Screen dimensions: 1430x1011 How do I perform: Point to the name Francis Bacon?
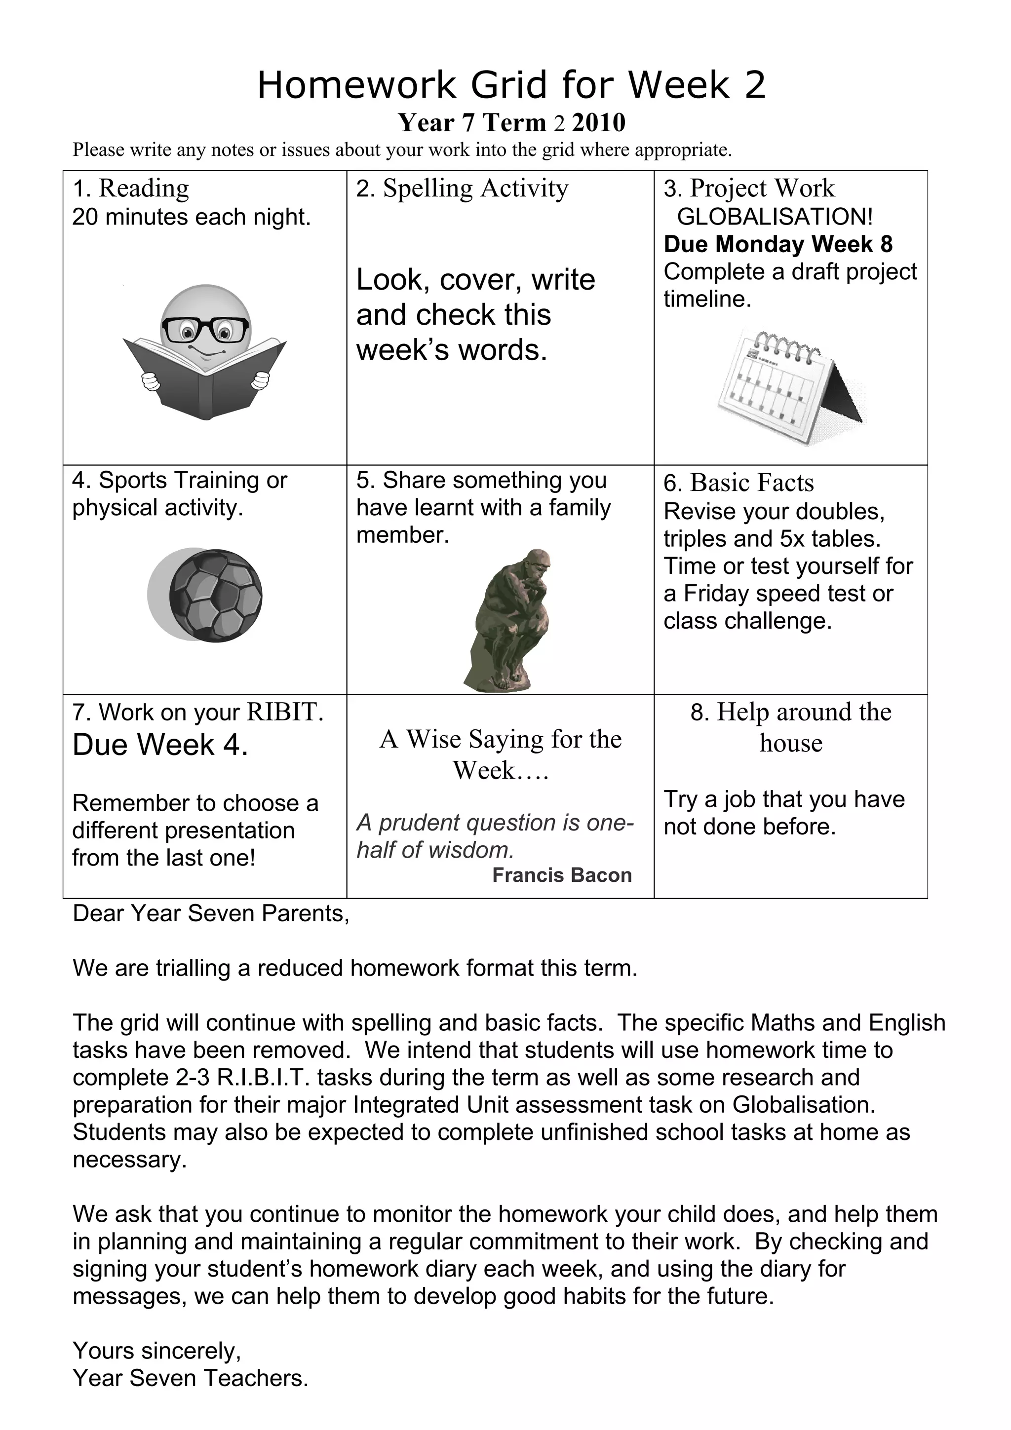[561, 875]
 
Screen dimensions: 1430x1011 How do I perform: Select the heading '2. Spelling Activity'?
[462, 188]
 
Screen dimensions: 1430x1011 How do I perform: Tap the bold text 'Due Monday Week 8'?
[778, 244]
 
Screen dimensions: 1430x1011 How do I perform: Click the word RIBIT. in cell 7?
[285, 712]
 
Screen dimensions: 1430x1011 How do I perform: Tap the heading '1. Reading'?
[131, 188]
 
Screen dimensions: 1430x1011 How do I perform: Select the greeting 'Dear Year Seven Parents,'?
[211, 914]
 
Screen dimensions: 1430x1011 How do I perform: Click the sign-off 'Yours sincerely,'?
[157, 1350]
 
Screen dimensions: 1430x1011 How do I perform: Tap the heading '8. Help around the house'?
[790, 727]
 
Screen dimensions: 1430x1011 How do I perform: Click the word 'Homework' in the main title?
[356, 85]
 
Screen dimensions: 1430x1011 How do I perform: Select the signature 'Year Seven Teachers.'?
[190, 1378]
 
